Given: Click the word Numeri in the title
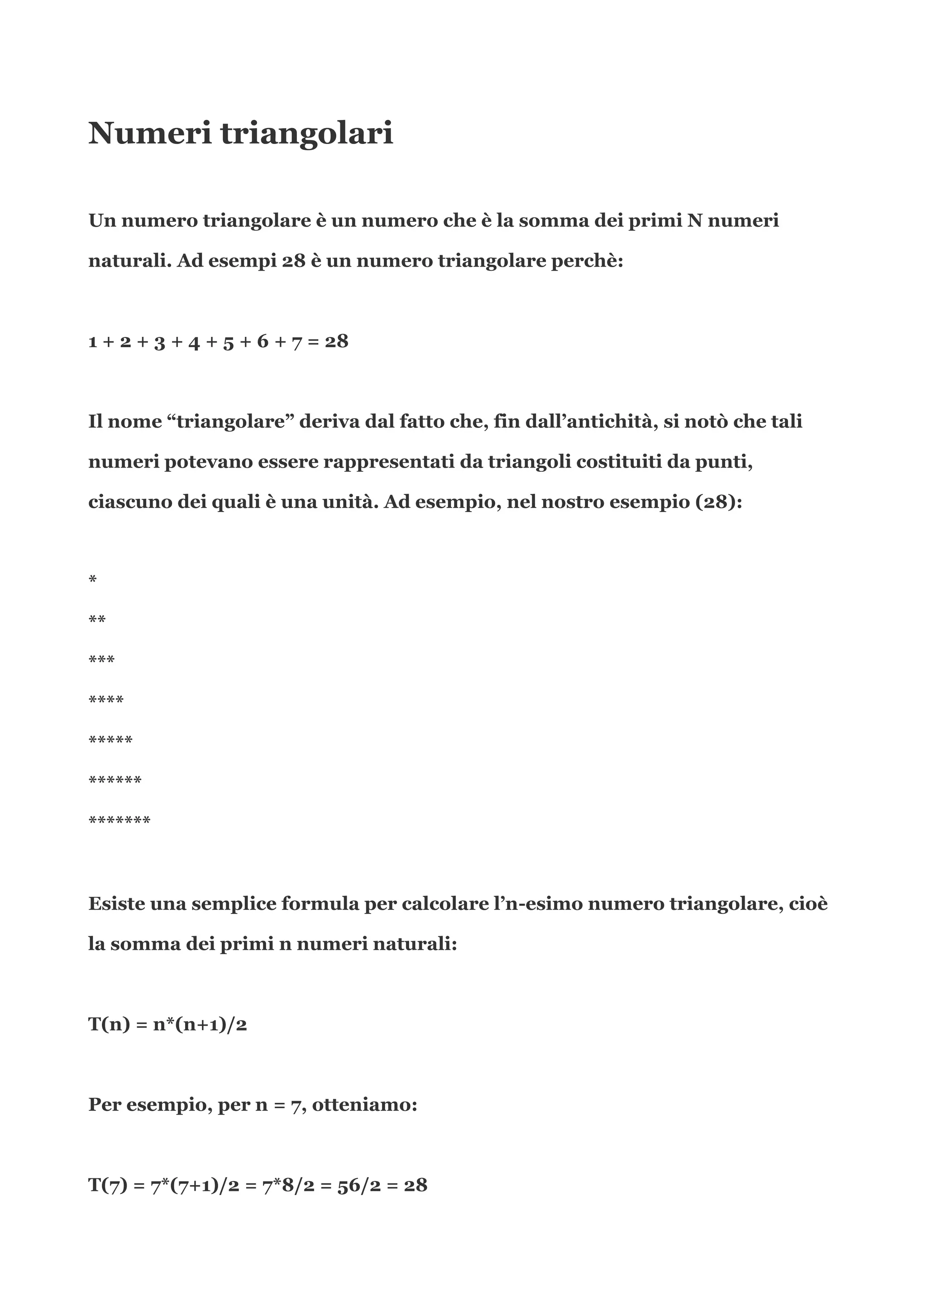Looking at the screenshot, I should (149, 133).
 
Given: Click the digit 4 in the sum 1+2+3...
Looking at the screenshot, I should (194, 342).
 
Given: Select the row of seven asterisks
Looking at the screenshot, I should (119, 821).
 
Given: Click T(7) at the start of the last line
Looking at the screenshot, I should (108, 1186).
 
